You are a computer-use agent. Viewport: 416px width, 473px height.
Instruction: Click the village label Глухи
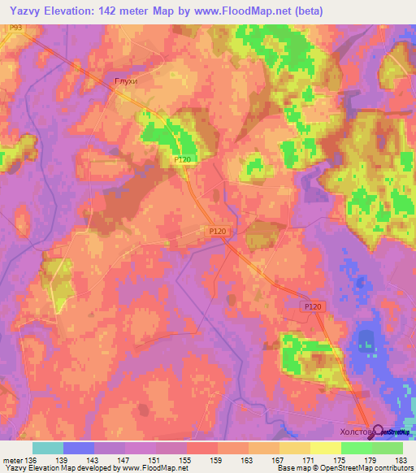pos(126,80)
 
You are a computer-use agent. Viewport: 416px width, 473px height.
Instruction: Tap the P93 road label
pos(16,28)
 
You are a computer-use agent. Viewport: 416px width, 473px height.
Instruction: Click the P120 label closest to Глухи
pos(183,160)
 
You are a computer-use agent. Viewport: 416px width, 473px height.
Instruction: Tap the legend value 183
pos(401,459)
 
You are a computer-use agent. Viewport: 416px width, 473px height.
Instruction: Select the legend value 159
pos(217,459)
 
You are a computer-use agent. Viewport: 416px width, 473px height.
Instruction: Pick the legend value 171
pos(309,459)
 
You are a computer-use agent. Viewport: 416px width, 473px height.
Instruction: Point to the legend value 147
pos(124,459)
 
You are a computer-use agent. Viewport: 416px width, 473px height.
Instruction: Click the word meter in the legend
pos(12,459)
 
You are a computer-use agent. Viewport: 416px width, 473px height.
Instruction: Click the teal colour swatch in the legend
pos(47,448)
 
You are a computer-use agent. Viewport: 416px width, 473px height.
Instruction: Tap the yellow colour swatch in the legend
pos(325,448)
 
